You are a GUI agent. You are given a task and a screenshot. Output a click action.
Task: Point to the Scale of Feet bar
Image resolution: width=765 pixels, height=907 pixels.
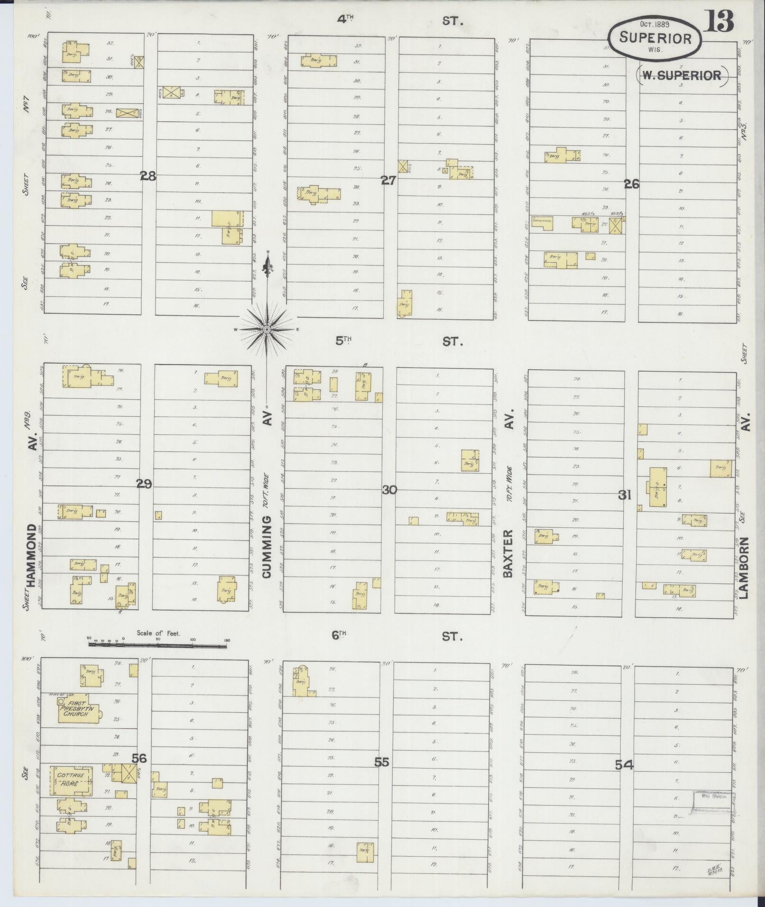(157, 645)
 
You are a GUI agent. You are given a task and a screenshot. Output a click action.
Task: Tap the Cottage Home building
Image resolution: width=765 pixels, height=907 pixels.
(71, 779)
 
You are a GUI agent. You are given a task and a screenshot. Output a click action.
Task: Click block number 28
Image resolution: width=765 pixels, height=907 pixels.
(148, 176)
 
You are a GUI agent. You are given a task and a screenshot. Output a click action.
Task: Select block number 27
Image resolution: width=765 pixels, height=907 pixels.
(388, 181)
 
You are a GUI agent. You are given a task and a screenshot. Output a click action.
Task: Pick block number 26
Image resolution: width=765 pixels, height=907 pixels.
(632, 184)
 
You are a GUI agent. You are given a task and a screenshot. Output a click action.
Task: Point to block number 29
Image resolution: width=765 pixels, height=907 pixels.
(144, 484)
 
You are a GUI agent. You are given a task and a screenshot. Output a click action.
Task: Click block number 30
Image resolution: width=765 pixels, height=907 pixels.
(389, 490)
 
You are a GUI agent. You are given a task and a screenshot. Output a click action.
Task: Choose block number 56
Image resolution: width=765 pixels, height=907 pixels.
(139, 758)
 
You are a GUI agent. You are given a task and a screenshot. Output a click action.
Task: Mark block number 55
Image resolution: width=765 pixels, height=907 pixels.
(381, 762)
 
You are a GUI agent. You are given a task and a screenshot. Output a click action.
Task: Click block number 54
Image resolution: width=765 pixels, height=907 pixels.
(624, 764)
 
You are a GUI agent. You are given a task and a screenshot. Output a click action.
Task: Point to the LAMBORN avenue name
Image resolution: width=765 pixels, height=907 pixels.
(743, 568)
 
